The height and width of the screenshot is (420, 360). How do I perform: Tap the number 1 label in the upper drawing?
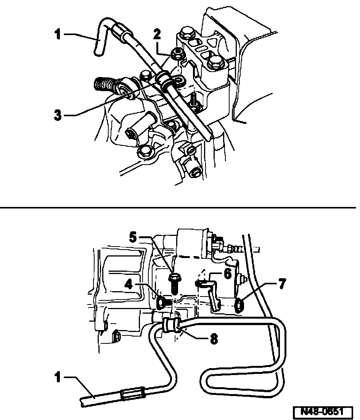point(57,35)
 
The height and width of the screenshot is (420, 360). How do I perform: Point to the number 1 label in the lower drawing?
point(58,379)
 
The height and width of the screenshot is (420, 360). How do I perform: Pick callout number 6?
point(228,274)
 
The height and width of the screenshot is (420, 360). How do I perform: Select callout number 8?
point(215,339)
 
